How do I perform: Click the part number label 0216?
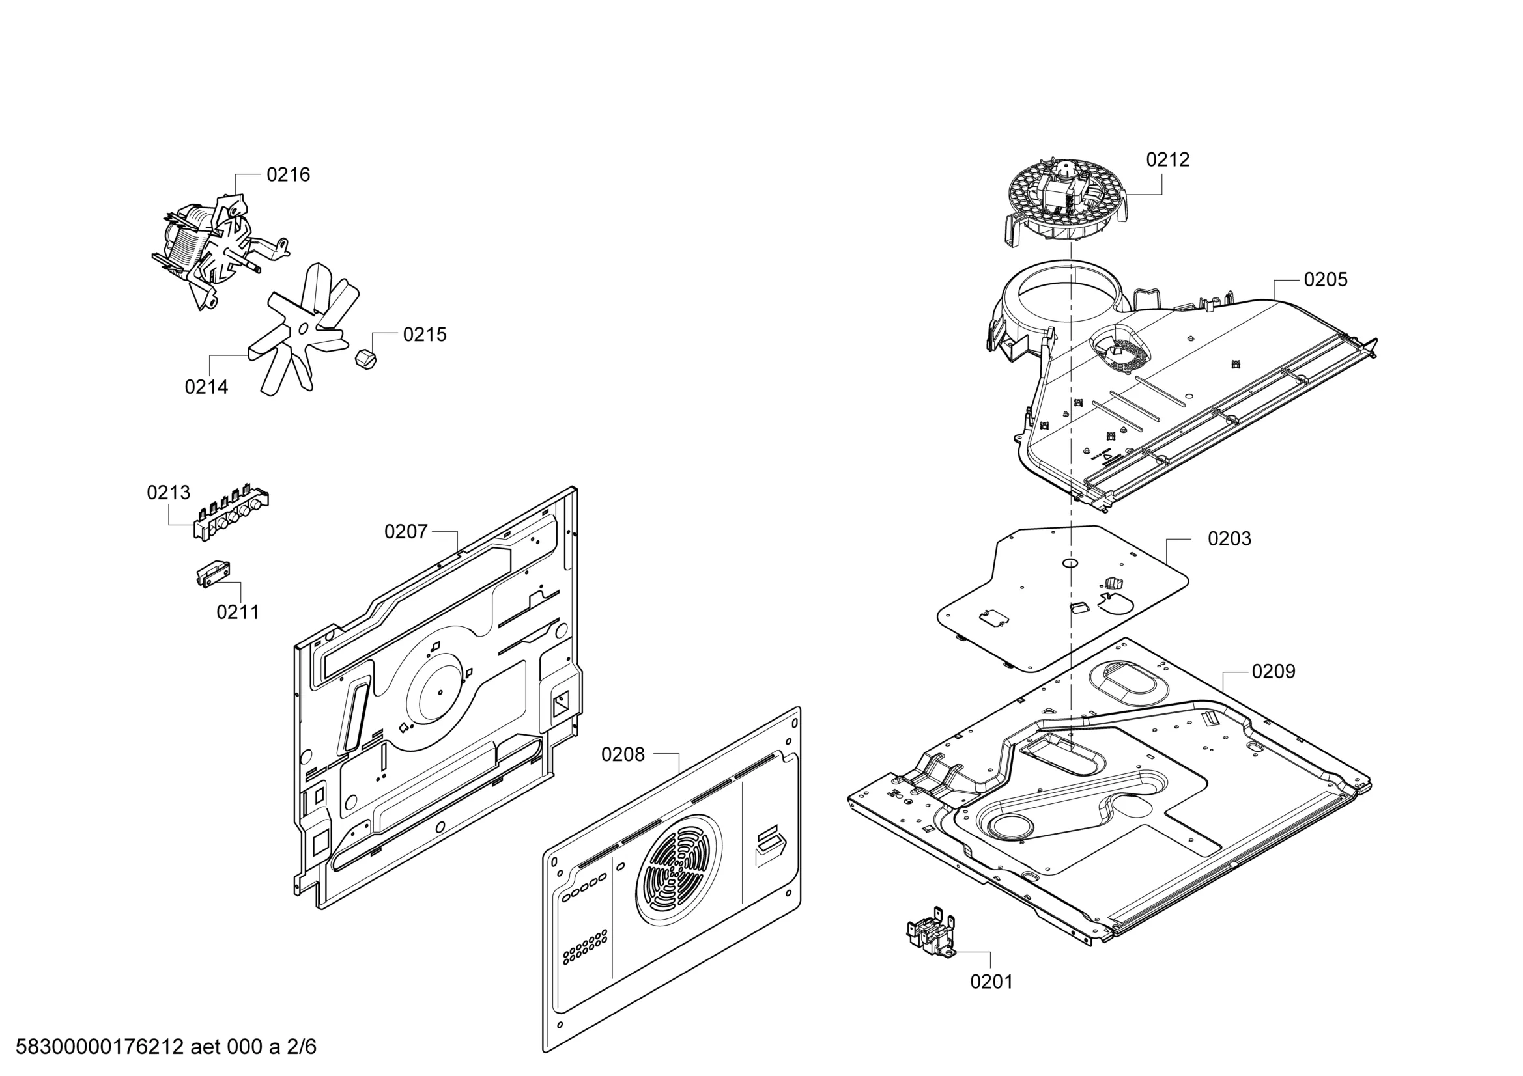click(288, 175)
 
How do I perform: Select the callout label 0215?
click(425, 335)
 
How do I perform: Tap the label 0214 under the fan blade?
click(206, 387)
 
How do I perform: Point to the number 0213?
click(169, 493)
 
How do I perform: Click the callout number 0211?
click(238, 612)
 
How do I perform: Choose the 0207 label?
click(406, 532)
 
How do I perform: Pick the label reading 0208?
click(623, 754)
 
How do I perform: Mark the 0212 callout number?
click(1168, 159)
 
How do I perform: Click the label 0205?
click(1326, 280)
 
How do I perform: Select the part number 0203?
click(1230, 539)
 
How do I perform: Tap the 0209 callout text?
click(1274, 672)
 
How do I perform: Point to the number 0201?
click(991, 982)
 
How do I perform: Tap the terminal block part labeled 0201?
click(931, 932)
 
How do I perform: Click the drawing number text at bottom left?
click(166, 1047)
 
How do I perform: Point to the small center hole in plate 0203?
click(1071, 563)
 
